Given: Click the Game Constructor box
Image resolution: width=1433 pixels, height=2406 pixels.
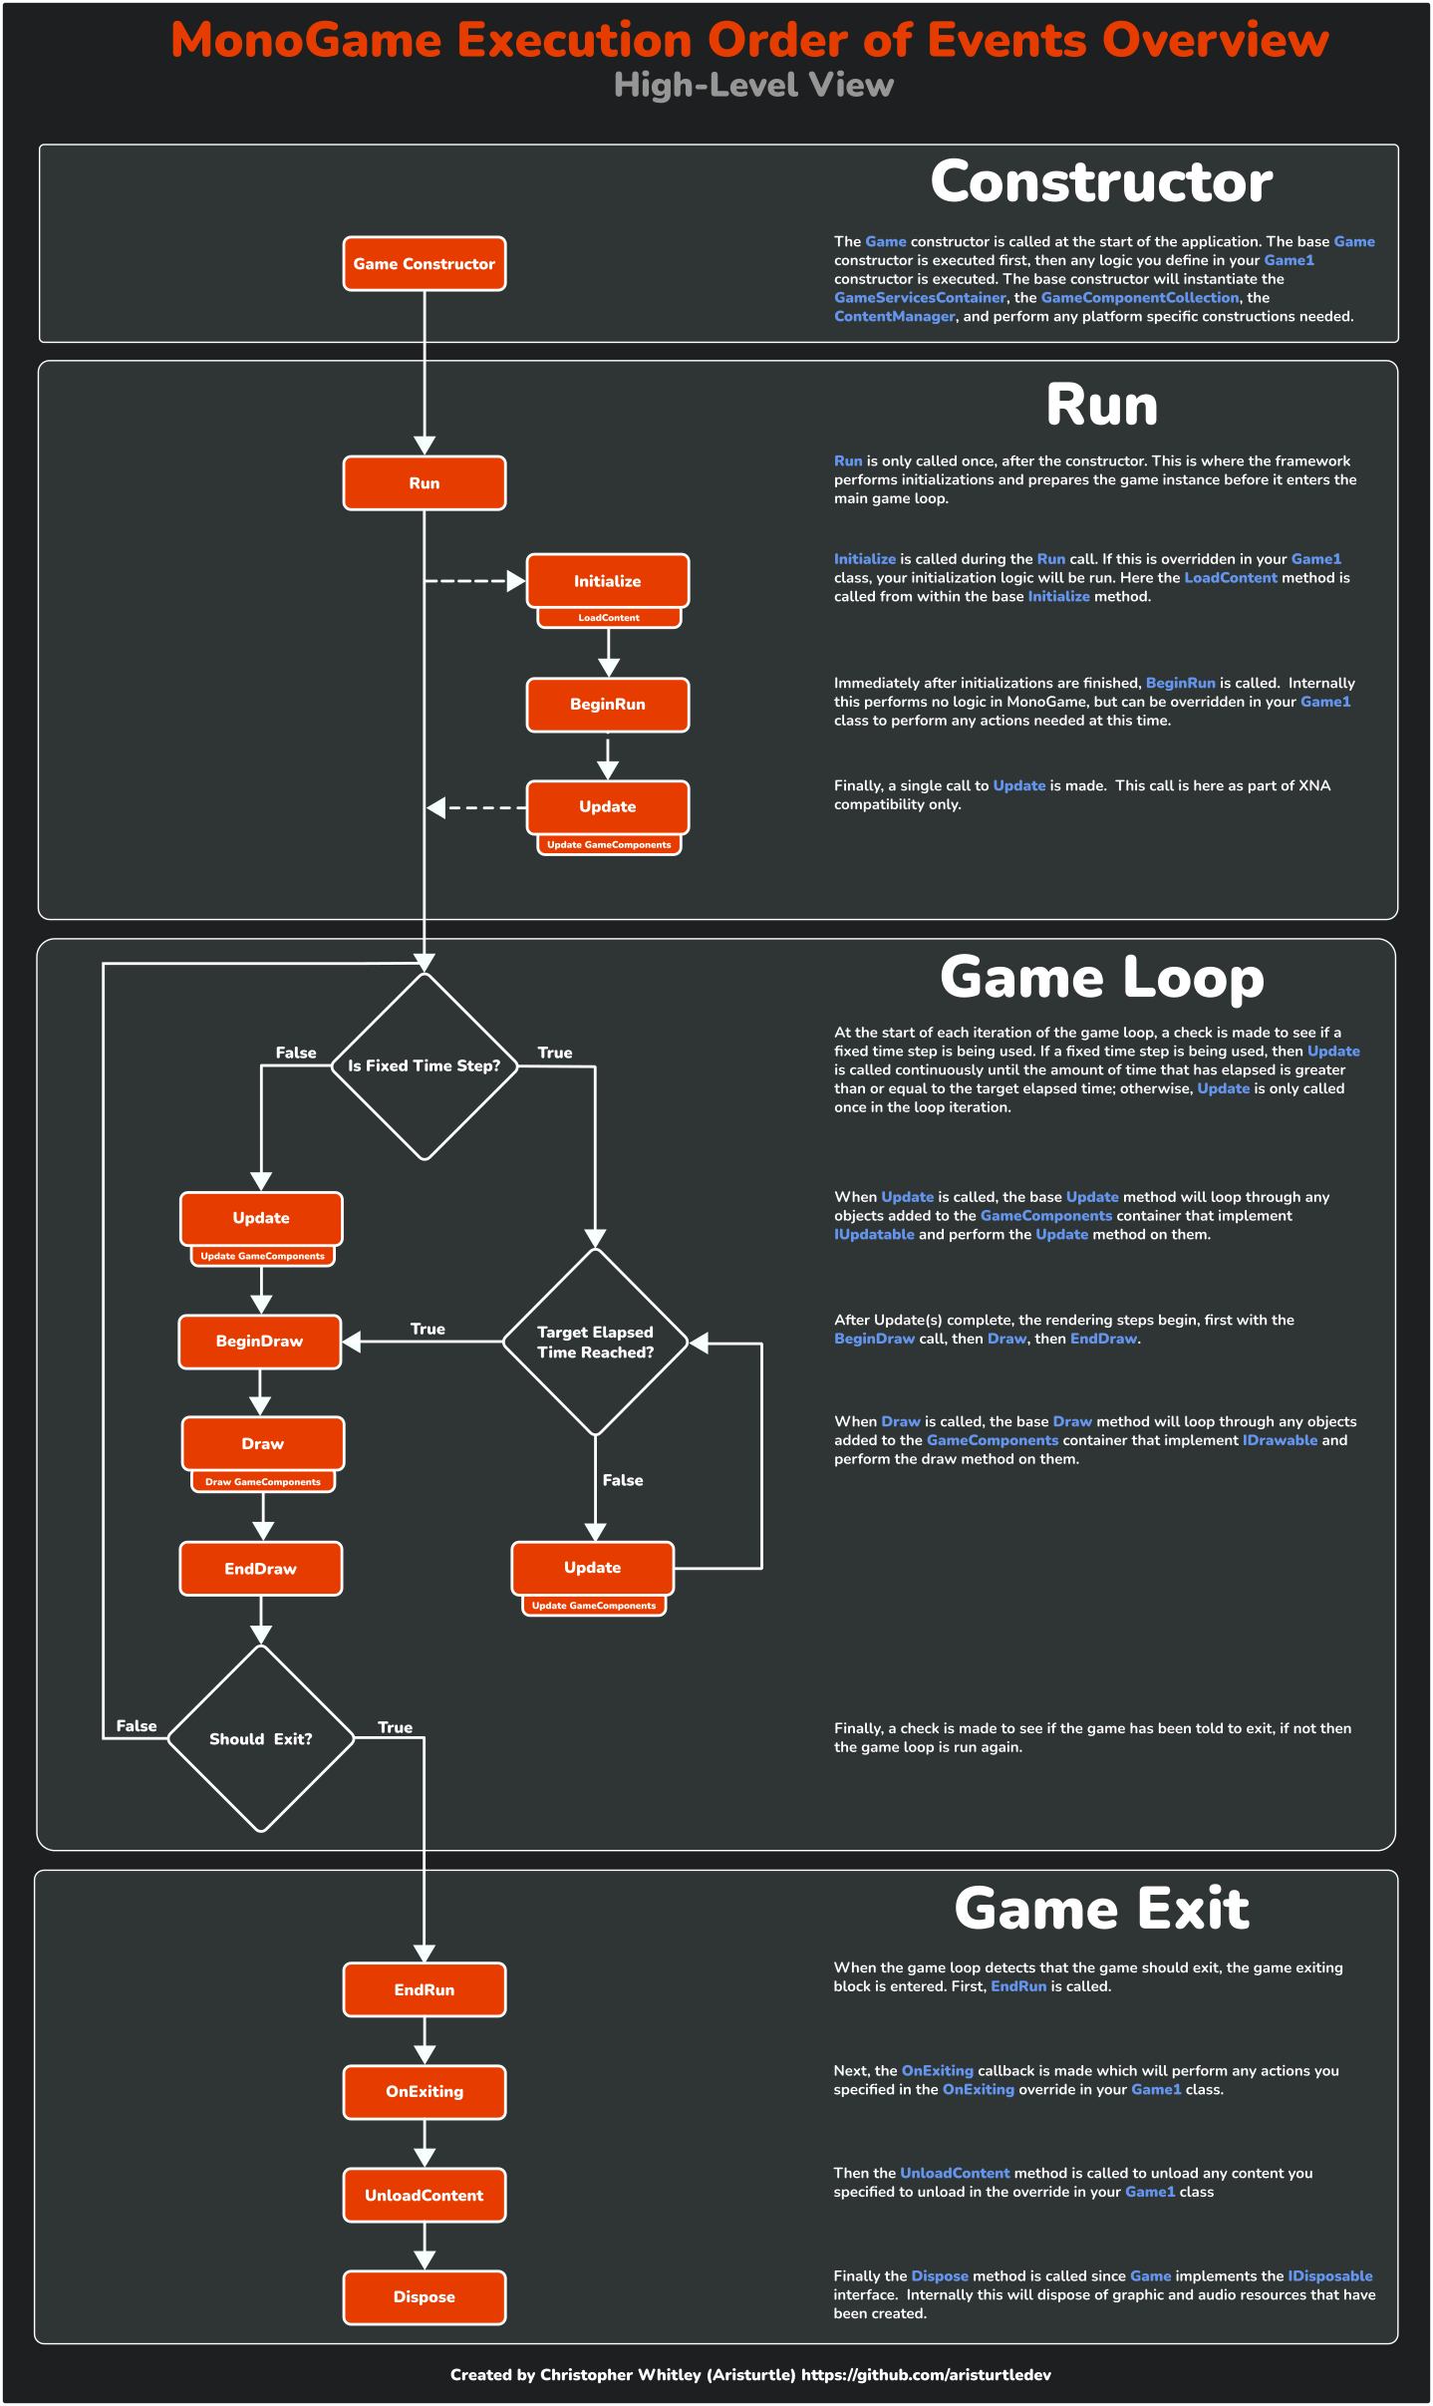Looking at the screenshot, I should click(x=424, y=264).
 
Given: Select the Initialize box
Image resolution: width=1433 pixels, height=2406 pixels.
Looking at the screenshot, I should click(x=607, y=581).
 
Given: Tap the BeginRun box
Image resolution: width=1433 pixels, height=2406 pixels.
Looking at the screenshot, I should click(x=607, y=705).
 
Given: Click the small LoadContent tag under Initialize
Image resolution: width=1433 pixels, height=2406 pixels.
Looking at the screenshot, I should click(x=608, y=618).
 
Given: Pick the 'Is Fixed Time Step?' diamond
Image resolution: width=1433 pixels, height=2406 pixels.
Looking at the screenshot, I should click(x=424, y=1066).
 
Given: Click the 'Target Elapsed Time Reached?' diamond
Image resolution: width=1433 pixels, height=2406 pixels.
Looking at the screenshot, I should click(x=595, y=1343).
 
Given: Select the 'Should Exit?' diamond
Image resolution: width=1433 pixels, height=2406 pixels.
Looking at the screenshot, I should click(x=260, y=1739).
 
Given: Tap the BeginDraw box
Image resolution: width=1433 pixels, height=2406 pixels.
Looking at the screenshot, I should click(x=259, y=1342).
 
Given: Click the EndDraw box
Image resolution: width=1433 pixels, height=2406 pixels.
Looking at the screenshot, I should click(x=260, y=1569).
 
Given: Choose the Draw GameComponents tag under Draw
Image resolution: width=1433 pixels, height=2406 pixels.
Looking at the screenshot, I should click(x=262, y=1482).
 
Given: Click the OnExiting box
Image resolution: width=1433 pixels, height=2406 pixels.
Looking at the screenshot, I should click(x=424, y=2092).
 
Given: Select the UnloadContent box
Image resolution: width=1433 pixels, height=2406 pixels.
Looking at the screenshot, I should click(x=424, y=2196).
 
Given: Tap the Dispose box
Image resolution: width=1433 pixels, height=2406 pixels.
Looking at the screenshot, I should click(x=424, y=2297).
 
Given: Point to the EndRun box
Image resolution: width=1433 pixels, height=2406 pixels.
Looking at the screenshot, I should click(x=424, y=1990).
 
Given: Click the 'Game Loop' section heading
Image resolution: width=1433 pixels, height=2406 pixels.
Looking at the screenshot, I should click(x=1101, y=978).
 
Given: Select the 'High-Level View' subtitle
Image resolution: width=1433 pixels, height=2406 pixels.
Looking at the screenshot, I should click(x=753, y=86).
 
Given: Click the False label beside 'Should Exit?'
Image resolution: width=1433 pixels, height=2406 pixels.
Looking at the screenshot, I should click(x=137, y=1726).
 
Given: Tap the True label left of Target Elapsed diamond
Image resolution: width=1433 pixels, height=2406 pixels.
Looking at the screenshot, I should click(x=428, y=1329).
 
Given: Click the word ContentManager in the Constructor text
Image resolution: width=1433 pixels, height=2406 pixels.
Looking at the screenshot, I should click(x=894, y=317).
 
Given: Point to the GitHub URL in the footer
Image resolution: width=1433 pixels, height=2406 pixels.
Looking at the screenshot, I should click(x=926, y=2375).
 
